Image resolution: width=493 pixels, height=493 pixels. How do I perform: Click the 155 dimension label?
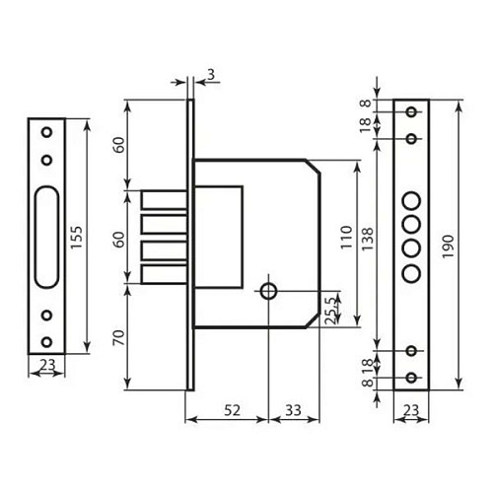pyautogui.click(x=76, y=237)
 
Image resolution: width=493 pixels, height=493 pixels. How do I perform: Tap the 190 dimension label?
pyautogui.click(x=448, y=246)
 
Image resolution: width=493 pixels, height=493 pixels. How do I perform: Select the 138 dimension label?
pyautogui.click(x=368, y=239)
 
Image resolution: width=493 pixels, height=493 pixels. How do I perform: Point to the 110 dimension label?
pyautogui.click(x=346, y=238)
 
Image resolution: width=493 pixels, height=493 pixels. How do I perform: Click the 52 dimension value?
pyautogui.click(x=233, y=410)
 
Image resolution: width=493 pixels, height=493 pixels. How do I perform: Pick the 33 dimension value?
pyautogui.click(x=293, y=410)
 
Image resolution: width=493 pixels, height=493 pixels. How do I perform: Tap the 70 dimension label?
pyautogui.click(x=119, y=337)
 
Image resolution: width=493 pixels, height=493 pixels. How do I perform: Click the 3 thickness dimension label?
pyautogui.click(x=211, y=75)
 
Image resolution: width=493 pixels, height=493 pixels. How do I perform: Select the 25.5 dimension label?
pyautogui.click(x=332, y=311)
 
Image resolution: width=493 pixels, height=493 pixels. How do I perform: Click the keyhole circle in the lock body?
pyautogui.click(x=268, y=291)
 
